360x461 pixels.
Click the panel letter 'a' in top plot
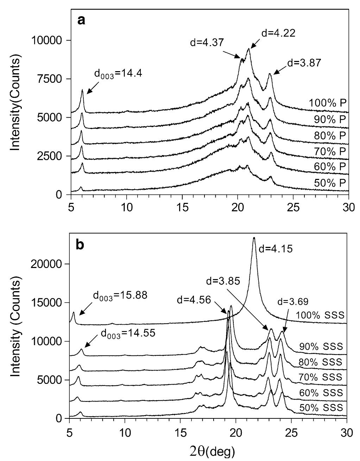click(81, 21)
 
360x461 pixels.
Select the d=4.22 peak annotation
click(278, 33)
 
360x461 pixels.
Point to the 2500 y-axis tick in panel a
click(52, 156)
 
